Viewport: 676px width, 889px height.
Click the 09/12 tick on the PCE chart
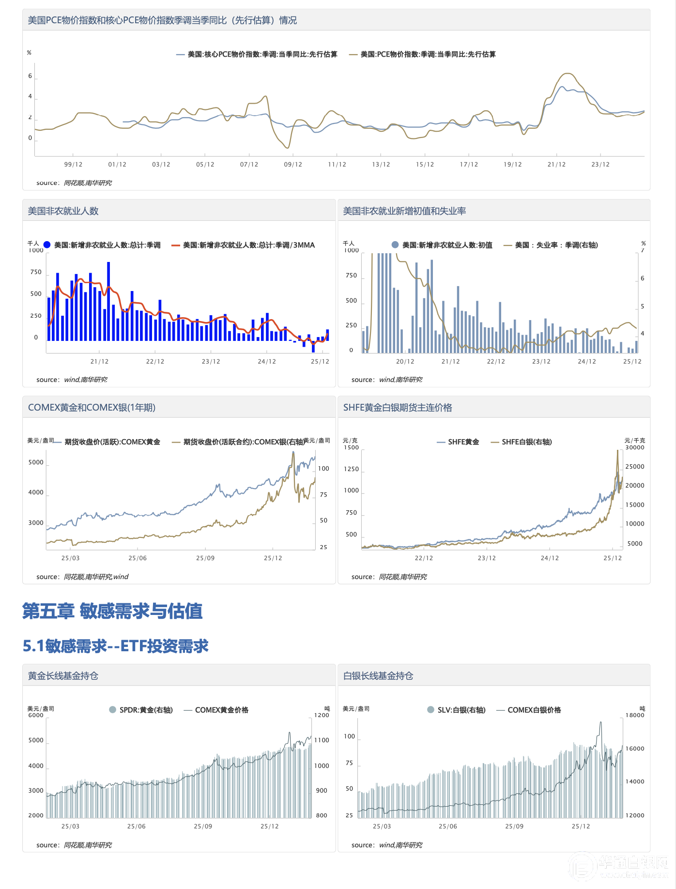click(x=293, y=165)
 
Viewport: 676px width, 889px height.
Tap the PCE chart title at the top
click(x=162, y=20)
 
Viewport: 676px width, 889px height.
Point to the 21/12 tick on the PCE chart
click(x=556, y=165)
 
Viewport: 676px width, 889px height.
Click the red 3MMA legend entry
click(x=243, y=245)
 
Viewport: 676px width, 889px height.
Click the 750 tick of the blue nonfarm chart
click(x=36, y=272)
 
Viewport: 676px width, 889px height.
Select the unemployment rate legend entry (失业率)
click(x=551, y=245)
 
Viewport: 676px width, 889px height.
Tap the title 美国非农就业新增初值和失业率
click(x=404, y=211)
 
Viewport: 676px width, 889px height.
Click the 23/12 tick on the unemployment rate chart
click(x=541, y=362)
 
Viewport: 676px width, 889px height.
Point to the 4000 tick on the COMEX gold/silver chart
click(x=36, y=492)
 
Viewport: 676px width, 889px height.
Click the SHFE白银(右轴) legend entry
click(x=522, y=442)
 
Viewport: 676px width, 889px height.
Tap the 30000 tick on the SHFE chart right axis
click(x=635, y=447)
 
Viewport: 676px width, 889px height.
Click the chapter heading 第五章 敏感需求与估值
click(x=112, y=611)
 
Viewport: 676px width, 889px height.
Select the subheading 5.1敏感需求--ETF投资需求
click(x=116, y=646)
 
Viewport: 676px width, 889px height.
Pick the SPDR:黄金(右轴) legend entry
click(x=141, y=710)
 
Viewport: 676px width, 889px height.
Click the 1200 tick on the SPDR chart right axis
click(x=322, y=715)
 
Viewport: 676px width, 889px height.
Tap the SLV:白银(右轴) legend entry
click(x=456, y=710)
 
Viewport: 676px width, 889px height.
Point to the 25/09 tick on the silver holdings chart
click(x=514, y=827)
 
